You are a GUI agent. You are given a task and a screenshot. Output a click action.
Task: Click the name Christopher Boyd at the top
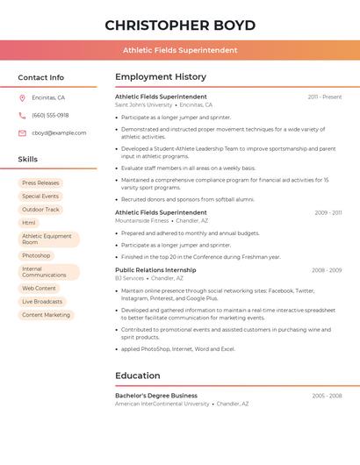tap(180, 25)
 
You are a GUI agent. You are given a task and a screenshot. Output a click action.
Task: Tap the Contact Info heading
tap(41, 77)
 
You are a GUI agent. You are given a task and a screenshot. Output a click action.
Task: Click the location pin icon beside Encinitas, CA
tap(22, 98)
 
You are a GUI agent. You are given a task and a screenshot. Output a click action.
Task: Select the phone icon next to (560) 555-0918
tap(22, 116)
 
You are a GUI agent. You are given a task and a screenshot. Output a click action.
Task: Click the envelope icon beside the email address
tap(22, 133)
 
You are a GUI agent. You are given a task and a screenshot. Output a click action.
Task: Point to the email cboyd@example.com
tap(59, 133)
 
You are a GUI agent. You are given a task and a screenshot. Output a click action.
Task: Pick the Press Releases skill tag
tap(40, 183)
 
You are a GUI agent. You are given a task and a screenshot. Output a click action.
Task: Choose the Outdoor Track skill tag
tap(40, 210)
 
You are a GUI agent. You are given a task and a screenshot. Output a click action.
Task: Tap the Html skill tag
tap(29, 223)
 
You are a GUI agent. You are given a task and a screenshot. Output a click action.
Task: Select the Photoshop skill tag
tap(36, 255)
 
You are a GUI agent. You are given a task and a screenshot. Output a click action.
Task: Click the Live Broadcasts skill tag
tap(42, 302)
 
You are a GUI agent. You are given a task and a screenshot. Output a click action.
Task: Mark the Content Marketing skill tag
tap(46, 315)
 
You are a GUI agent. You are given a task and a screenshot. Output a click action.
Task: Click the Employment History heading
tap(161, 77)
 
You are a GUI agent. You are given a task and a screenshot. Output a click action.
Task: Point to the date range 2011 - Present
tap(325, 97)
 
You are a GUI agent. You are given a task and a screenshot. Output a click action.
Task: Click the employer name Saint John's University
tap(144, 105)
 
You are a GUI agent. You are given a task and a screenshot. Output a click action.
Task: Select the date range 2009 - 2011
tap(328, 212)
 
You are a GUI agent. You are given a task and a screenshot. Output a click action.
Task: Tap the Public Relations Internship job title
tap(155, 270)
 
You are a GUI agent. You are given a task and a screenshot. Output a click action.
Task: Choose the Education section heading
tap(138, 376)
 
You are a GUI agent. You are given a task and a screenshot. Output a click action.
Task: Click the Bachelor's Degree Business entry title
tap(156, 396)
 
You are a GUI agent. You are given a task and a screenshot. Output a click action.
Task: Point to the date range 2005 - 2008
tap(327, 396)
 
